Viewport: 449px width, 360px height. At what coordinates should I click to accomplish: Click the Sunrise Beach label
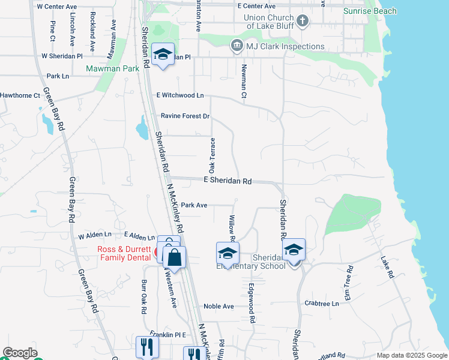(x=370, y=11)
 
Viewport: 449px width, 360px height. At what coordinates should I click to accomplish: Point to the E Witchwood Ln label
(x=180, y=95)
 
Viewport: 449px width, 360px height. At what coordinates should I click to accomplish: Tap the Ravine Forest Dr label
(x=185, y=116)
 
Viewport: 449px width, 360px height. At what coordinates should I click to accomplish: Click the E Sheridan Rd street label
(x=228, y=181)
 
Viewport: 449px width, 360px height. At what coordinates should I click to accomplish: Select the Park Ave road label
(x=194, y=205)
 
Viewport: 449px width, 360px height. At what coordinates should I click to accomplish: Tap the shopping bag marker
(x=174, y=257)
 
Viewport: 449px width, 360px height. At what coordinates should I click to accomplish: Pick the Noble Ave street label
(x=218, y=306)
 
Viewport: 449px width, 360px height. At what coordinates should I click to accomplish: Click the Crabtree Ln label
(x=322, y=304)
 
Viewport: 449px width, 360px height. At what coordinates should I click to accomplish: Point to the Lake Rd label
(x=387, y=267)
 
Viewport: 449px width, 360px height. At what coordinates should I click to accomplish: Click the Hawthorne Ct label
(x=20, y=95)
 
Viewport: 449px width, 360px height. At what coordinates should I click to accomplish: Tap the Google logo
(x=20, y=353)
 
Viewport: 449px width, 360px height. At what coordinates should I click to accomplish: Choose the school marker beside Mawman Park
(x=163, y=55)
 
